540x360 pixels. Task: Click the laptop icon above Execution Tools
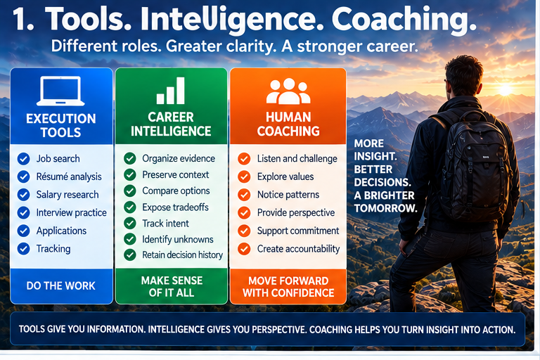pyautogui.click(x=60, y=91)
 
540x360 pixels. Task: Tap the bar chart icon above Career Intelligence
pyautogui.click(x=170, y=91)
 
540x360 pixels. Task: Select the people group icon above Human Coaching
pyautogui.click(x=288, y=91)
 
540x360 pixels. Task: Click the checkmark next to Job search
pyautogui.click(x=23, y=159)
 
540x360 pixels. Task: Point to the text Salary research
pyautogui.click(x=67, y=195)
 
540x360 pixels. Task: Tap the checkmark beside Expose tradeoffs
pyautogui.click(x=130, y=207)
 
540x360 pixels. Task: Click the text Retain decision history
pyautogui.click(x=183, y=255)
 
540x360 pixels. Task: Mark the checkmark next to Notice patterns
pyautogui.click(x=244, y=195)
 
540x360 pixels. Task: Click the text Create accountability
pyautogui.click(x=298, y=249)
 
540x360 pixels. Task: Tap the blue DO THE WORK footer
pyautogui.click(x=61, y=285)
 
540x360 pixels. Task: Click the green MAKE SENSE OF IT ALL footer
pyautogui.click(x=172, y=286)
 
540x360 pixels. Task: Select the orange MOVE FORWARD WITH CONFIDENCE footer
pyautogui.click(x=288, y=287)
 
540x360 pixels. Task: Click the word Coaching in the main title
pyautogui.click(x=404, y=20)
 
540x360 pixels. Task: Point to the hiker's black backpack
pyautogui.click(x=473, y=165)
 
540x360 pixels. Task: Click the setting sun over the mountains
pyautogui.click(x=505, y=90)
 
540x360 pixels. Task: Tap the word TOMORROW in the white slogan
pyautogui.click(x=385, y=208)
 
